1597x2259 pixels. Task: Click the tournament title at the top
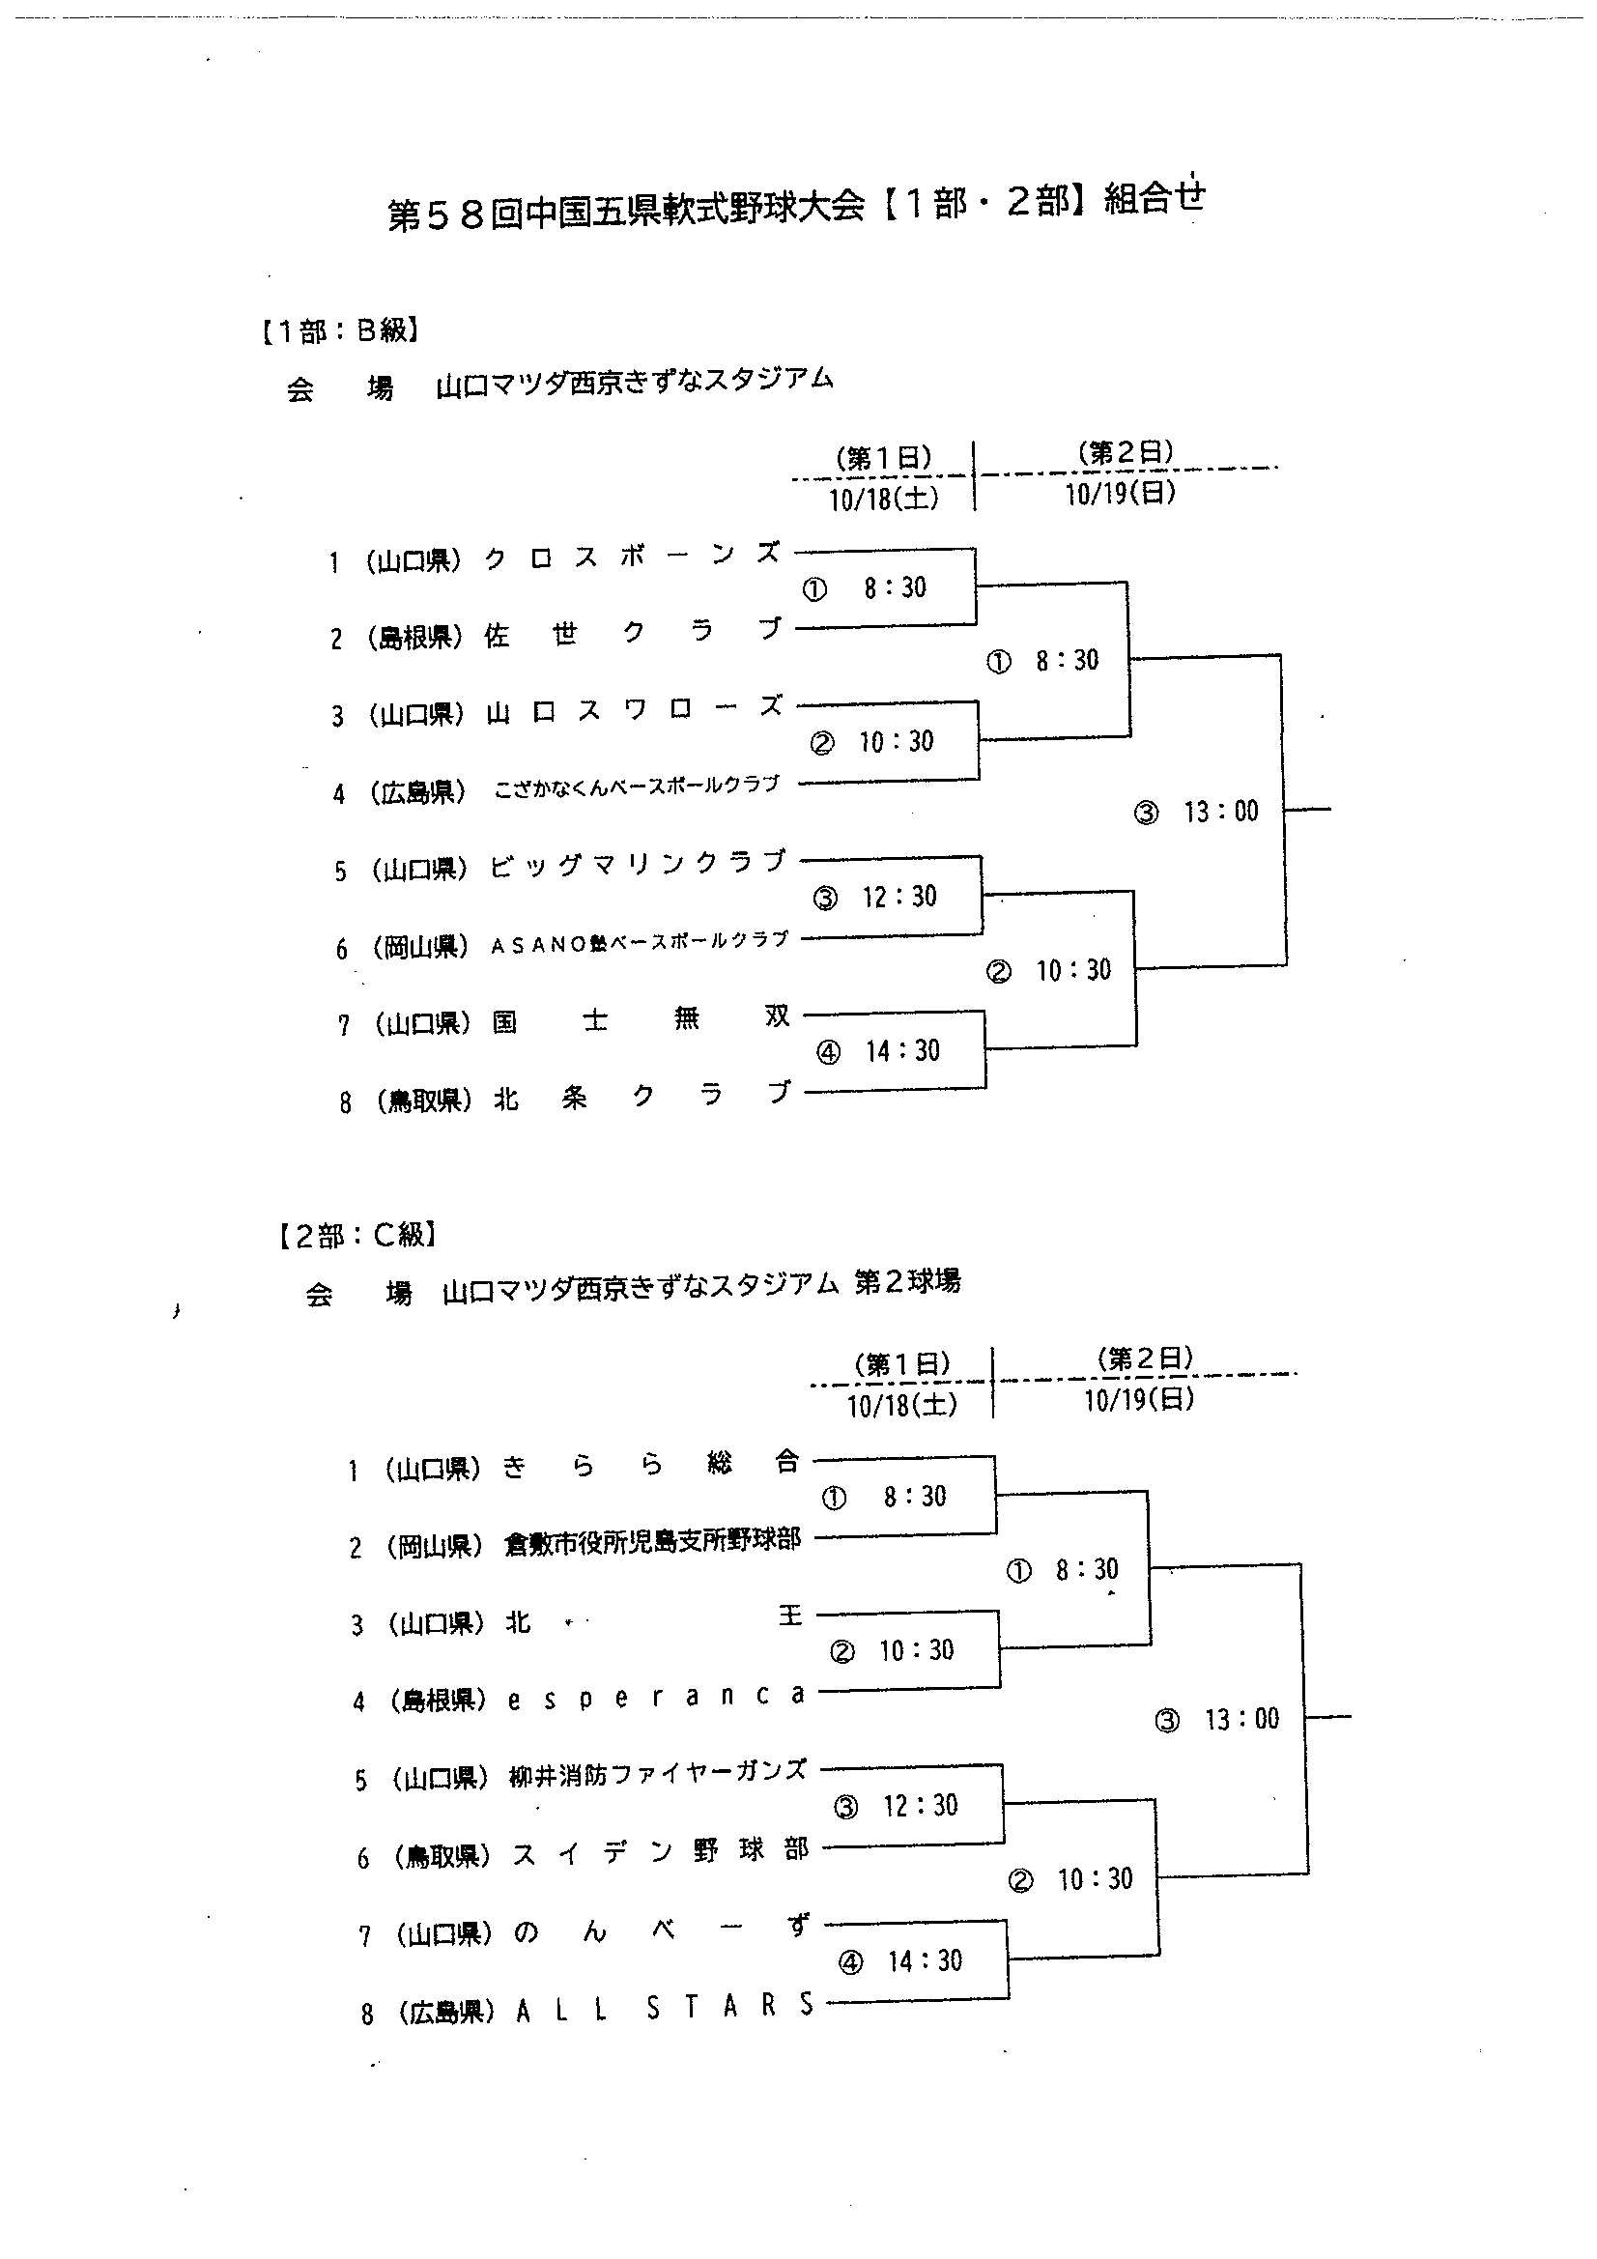797,209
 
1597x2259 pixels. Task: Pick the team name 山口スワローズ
635,710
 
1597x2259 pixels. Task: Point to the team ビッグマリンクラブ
639,865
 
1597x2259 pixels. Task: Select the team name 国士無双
641,1018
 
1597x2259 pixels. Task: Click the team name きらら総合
651,1465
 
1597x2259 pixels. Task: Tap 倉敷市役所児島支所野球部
652,1542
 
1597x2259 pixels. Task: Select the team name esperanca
656,1697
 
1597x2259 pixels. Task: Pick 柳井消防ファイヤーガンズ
657,1774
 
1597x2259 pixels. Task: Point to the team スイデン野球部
659,1851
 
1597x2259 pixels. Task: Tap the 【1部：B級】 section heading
340,330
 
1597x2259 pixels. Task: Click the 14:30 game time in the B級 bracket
902,1051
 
